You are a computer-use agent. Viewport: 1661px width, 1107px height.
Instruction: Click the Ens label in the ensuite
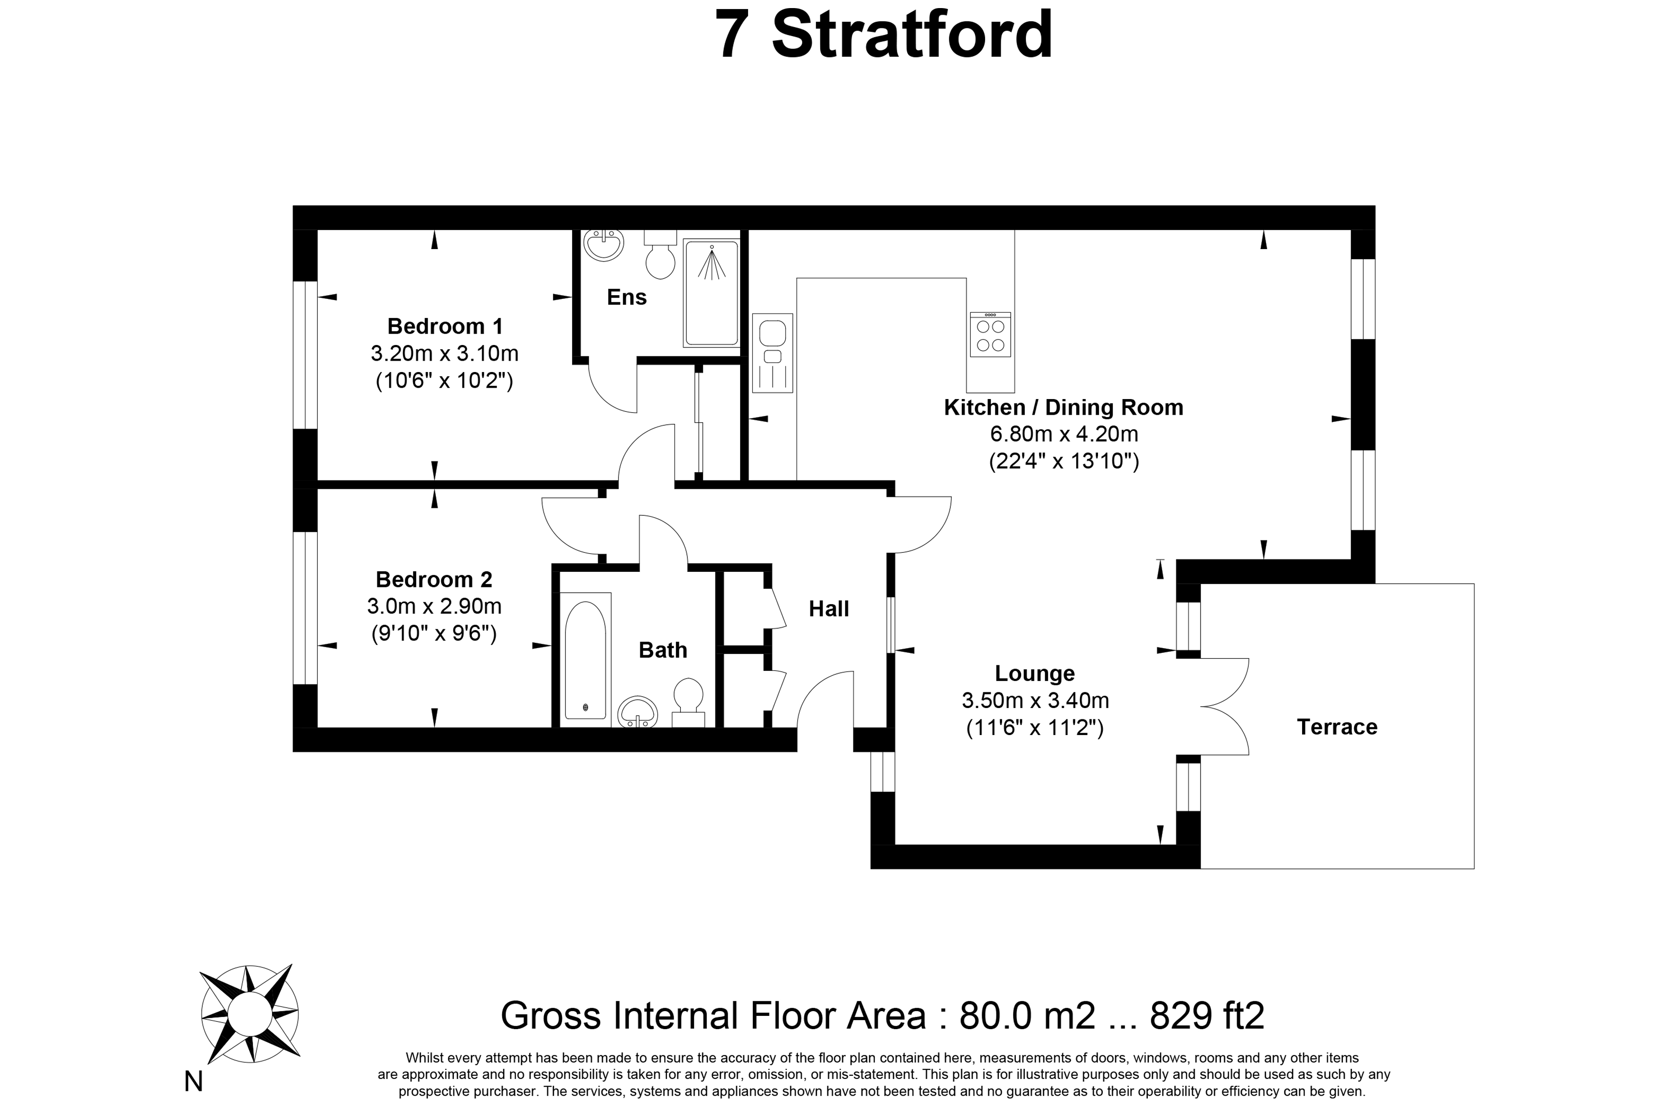pos(627,297)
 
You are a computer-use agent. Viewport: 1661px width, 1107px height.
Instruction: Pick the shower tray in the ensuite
pos(711,293)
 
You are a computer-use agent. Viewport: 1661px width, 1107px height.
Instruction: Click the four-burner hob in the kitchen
pos(990,335)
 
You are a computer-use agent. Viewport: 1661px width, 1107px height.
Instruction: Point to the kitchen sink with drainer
pos(773,353)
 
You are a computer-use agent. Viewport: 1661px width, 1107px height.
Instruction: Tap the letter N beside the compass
pos(194,1081)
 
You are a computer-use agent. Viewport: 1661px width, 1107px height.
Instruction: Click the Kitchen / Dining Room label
pos(1063,408)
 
